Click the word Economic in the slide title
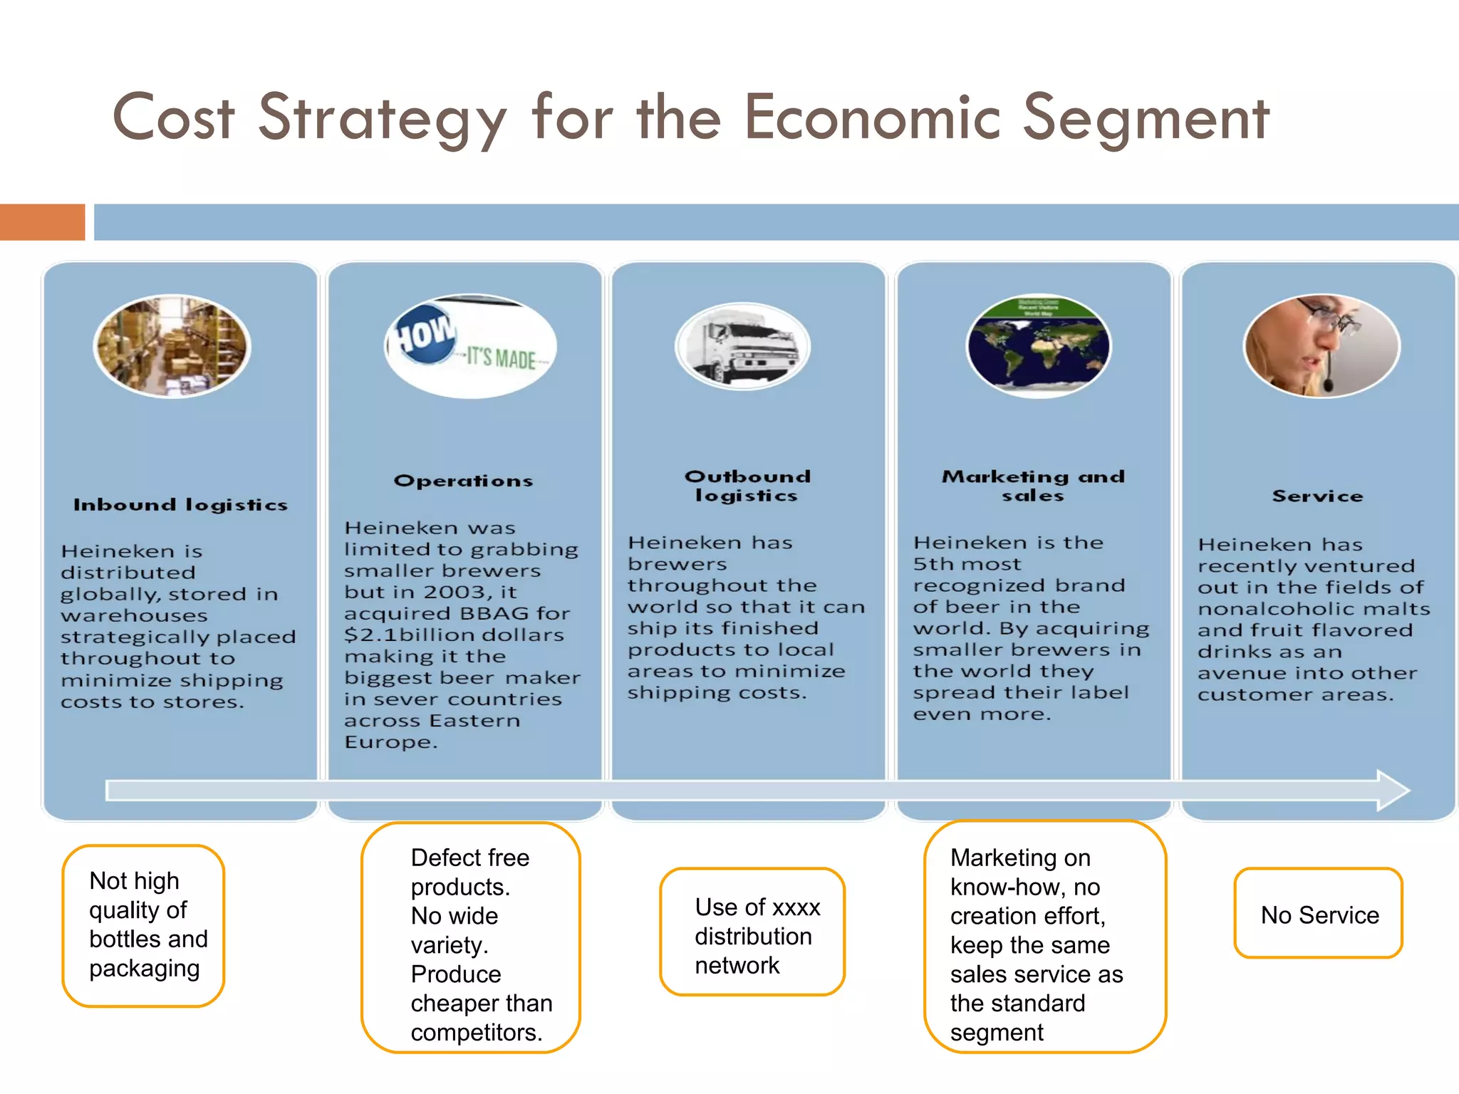point(873,118)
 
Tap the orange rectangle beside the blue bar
point(42,222)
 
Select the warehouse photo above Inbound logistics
point(172,346)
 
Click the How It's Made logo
point(470,346)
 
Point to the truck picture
point(743,346)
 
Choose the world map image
point(1038,346)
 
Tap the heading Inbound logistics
point(180,505)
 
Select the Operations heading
point(463,481)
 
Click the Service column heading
point(1317,496)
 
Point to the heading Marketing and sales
point(1033,486)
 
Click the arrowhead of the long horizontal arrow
point(1393,790)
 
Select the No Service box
point(1319,914)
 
